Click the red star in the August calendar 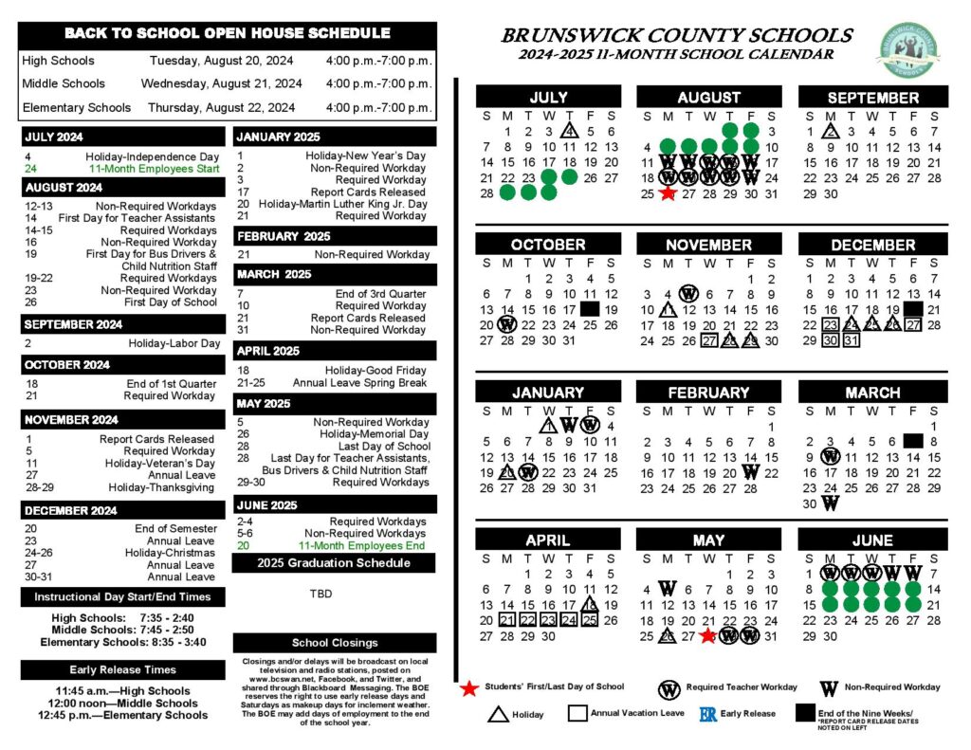coord(668,193)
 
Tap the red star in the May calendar coord(708,636)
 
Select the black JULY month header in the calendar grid coord(548,97)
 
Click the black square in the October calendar coord(590,309)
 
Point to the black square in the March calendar coord(913,441)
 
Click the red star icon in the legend coord(468,687)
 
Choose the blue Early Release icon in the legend coord(707,714)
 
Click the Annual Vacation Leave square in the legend coord(577,713)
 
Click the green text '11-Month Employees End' coord(362,545)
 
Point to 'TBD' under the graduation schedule coord(321,594)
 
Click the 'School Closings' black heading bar coord(335,643)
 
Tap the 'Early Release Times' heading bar coord(122,669)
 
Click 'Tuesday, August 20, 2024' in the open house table coord(221,61)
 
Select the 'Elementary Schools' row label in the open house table coord(76,107)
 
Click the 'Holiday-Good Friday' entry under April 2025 coord(376,371)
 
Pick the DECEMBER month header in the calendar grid coord(872,244)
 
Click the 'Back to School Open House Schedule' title coord(227,33)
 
